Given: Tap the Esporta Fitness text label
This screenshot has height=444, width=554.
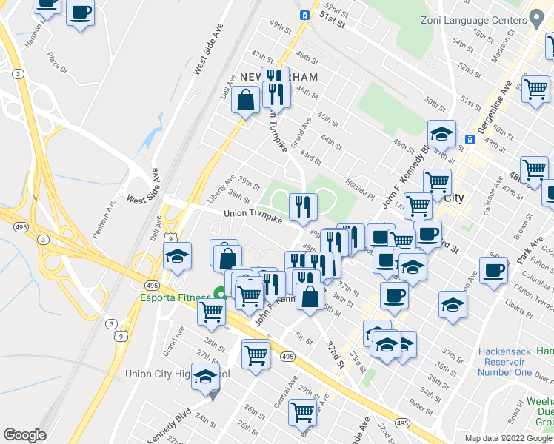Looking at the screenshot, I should click(x=175, y=298).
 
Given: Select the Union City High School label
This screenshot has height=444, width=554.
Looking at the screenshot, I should click(x=178, y=374).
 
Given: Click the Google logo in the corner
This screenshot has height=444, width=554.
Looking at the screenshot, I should click(x=24, y=435).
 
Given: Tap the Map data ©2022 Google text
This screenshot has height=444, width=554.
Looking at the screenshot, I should click(x=508, y=438).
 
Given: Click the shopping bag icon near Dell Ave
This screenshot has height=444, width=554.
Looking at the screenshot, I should click(x=245, y=100).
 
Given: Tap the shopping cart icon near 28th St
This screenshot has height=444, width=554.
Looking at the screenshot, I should click(x=212, y=312).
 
